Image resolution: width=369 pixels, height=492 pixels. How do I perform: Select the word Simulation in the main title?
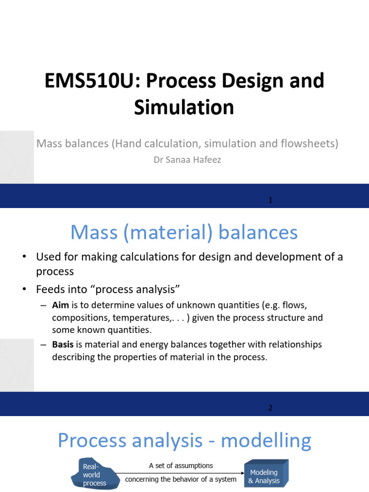tap(184, 108)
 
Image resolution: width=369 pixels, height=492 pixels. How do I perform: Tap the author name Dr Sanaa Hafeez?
tap(187, 160)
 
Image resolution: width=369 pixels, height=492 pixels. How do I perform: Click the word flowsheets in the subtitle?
tap(312, 143)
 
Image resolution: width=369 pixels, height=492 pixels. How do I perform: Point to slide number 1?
tap(271, 200)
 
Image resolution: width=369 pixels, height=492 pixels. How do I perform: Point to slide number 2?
tap(271, 408)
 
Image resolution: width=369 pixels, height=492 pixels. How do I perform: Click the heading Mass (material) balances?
tap(184, 233)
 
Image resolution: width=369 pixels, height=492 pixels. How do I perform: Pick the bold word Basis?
tap(62, 345)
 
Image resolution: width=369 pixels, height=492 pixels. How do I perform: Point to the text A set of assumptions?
tap(181, 466)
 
